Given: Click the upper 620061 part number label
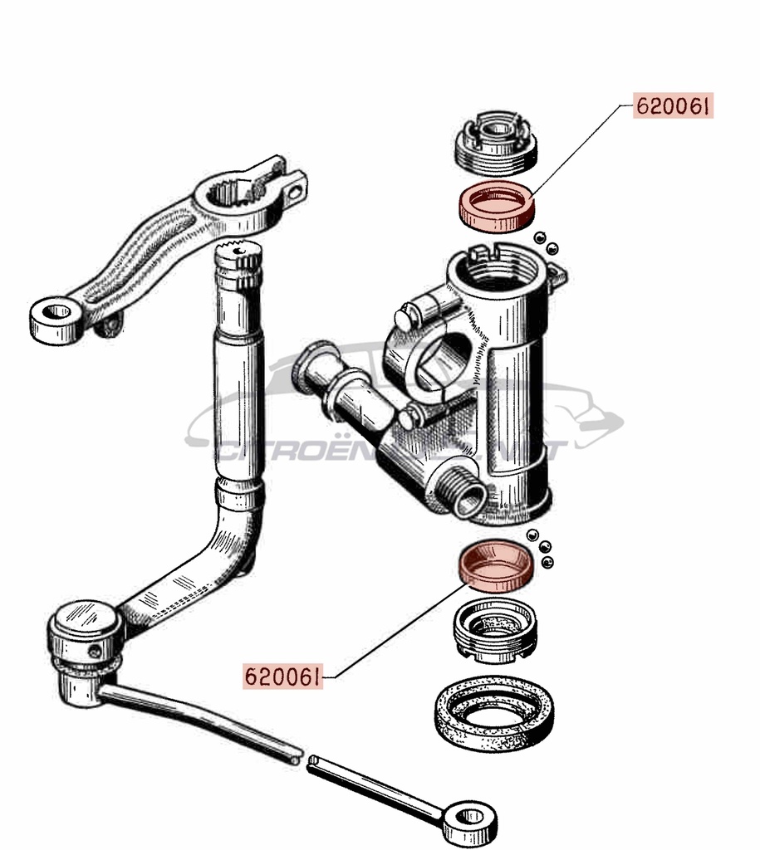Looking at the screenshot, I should [674, 106].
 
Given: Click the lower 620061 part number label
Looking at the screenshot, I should [282, 677].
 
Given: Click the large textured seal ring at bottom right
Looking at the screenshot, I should [495, 712].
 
